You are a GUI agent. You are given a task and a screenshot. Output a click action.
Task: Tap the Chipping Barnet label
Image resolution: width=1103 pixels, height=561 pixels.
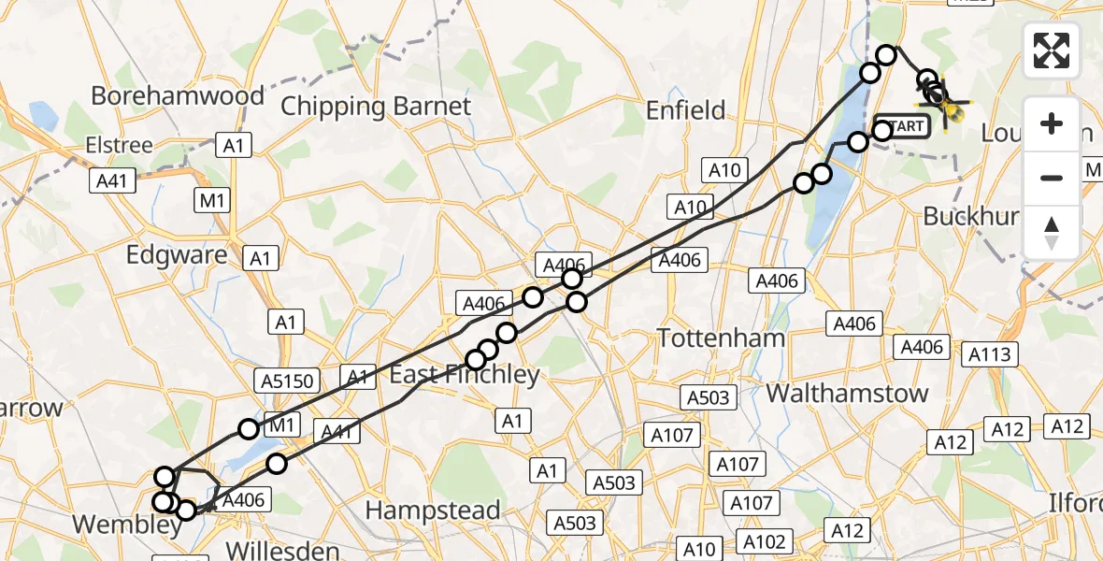click(376, 106)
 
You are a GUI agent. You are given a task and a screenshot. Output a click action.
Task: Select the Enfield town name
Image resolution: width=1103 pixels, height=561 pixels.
click(686, 110)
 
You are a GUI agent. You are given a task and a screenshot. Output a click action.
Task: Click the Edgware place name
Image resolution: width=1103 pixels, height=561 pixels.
click(178, 255)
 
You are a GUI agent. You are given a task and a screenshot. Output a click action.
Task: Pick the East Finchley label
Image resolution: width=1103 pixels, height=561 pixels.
click(465, 375)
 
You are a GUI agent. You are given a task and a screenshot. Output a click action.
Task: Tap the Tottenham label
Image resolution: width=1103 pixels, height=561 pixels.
click(721, 338)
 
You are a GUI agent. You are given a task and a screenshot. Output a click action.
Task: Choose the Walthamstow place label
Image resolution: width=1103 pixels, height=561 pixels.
click(848, 393)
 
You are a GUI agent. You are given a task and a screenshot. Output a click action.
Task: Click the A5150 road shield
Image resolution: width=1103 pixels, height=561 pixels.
click(288, 380)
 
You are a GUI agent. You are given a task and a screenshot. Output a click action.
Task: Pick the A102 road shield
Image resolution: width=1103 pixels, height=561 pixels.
click(766, 540)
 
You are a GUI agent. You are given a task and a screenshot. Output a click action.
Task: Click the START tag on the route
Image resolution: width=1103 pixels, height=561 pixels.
click(903, 126)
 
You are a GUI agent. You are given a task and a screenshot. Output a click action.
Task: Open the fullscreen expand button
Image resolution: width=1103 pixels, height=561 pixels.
click(1052, 50)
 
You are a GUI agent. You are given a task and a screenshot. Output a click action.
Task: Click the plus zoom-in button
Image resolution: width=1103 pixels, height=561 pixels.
click(1052, 123)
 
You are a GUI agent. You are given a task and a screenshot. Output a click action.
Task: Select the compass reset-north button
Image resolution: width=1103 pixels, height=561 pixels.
click(1052, 231)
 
